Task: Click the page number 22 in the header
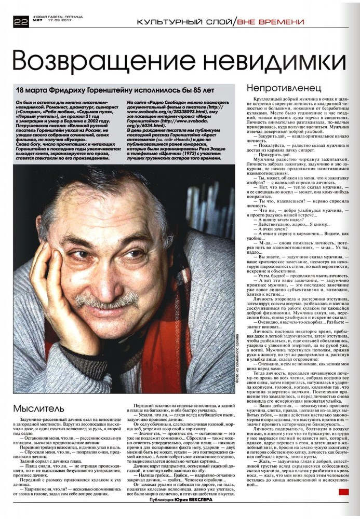click(x=21, y=21)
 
